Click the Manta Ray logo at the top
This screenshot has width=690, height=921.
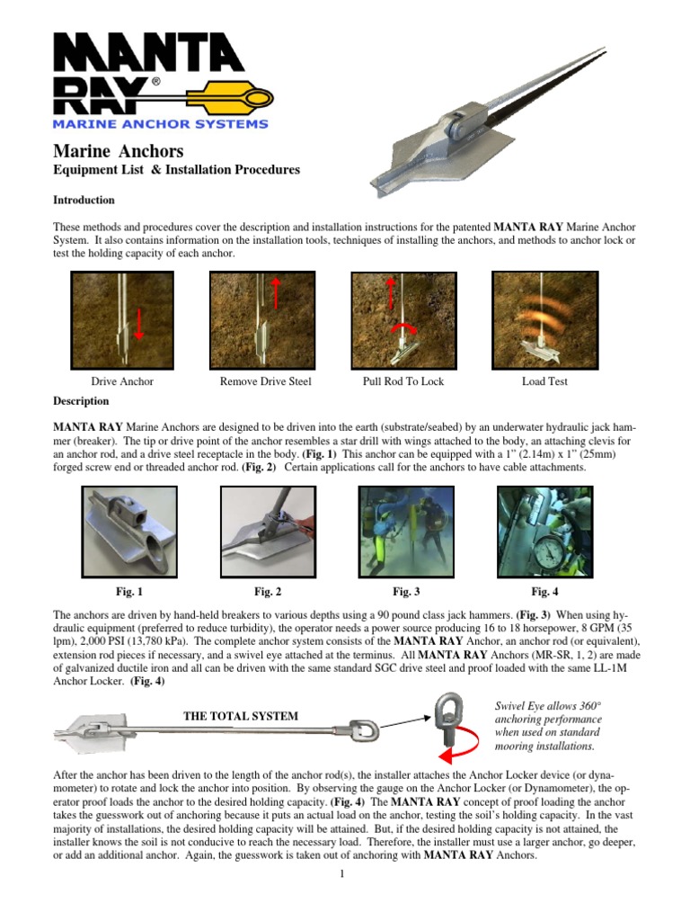[x=162, y=82]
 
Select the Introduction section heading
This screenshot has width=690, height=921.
[x=84, y=200]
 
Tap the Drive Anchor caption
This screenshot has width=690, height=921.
[x=122, y=381]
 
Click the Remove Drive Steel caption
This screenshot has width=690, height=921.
[x=265, y=381]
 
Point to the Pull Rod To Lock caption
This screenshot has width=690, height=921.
[x=402, y=381]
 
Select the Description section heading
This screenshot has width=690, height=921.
[x=81, y=401]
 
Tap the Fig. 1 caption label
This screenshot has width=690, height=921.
[x=128, y=591]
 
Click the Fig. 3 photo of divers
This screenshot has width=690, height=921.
[x=406, y=532]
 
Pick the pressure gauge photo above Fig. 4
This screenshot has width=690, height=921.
[x=544, y=532]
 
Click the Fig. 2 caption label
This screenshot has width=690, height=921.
[x=268, y=591]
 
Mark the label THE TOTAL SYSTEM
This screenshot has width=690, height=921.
[x=241, y=716]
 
